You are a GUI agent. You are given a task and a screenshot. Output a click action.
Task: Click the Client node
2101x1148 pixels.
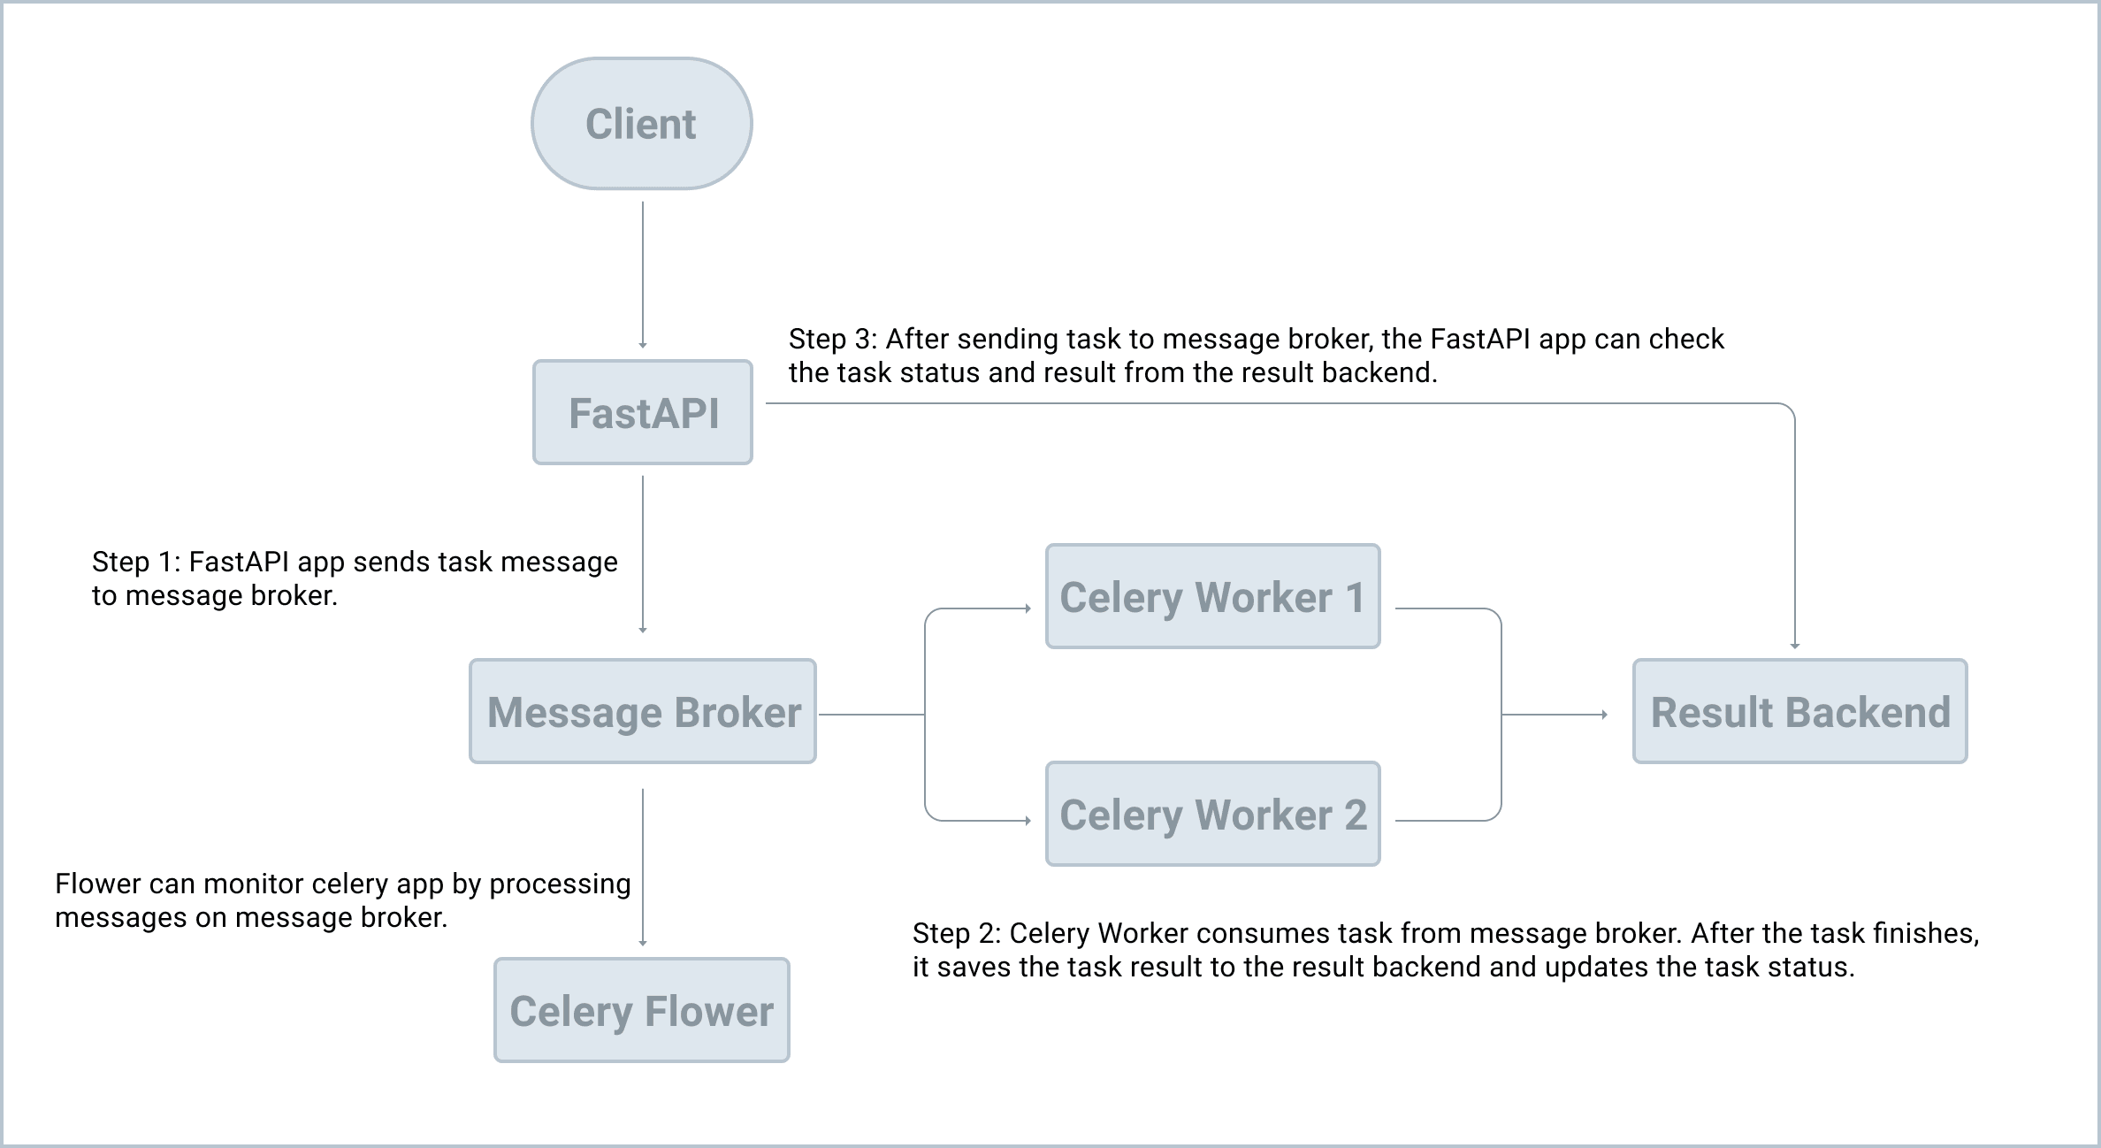(x=641, y=124)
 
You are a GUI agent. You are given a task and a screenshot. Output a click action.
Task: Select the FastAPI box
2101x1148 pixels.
(x=643, y=412)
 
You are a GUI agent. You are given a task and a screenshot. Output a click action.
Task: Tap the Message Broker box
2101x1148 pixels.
(x=643, y=711)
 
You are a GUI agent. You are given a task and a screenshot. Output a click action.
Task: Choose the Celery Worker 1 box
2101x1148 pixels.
(x=1212, y=597)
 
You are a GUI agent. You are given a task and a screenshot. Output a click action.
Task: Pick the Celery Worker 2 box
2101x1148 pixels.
(x=1212, y=815)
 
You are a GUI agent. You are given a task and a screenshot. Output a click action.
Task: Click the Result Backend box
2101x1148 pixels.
(x=1799, y=711)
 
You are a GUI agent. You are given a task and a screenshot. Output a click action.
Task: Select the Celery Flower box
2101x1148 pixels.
(x=641, y=1010)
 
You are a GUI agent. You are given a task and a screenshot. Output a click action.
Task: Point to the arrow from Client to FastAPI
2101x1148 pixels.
(x=643, y=274)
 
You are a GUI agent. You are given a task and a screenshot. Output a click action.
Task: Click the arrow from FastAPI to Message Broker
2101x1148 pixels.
(x=643, y=553)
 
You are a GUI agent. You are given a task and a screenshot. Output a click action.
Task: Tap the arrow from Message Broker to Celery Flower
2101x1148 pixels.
(x=643, y=867)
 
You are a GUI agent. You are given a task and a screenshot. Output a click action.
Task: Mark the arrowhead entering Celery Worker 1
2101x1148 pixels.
(x=1028, y=608)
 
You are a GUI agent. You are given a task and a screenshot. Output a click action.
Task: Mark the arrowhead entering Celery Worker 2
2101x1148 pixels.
(x=1028, y=821)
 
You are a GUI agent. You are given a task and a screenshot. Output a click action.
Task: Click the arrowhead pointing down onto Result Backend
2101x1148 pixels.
(x=1795, y=645)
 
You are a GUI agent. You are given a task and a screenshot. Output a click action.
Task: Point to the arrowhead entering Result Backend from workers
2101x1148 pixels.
(x=1604, y=714)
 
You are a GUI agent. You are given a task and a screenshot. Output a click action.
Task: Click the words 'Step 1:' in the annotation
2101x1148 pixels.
(x=136, y=563)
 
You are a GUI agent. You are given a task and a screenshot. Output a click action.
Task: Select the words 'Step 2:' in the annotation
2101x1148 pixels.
(x=957, y=934)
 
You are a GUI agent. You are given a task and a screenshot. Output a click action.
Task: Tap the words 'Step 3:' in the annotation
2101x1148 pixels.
(x=833, y=340)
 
